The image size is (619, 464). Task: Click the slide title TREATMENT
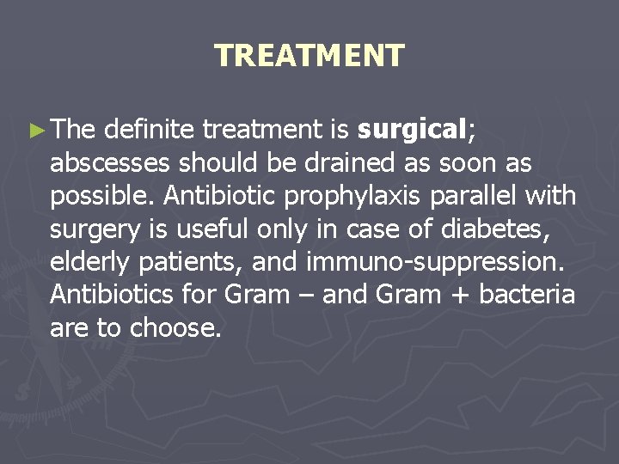tap(309, 56)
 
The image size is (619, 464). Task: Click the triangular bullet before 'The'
tap(34, 131)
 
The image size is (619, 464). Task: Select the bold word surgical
tap(411, 130)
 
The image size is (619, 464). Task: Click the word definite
tap(150, 130)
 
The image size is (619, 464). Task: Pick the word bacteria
tap(527, 295)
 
